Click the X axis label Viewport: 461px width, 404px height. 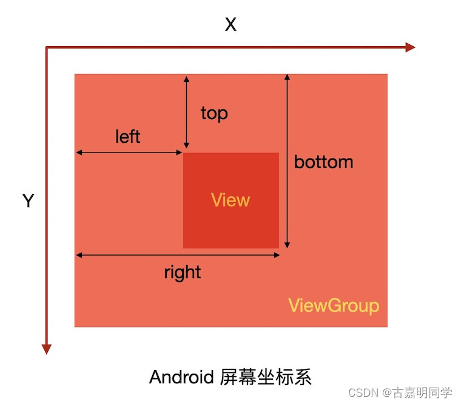pos(231,25)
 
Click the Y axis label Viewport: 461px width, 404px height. pos(28,201)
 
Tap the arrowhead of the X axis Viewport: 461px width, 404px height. pos(410,47)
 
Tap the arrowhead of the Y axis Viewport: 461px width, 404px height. pos(46,348)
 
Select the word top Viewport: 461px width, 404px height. pos(214,113)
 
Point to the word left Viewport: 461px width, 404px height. pos(127,137)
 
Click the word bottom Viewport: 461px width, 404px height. pos(323,162)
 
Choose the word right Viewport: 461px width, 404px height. pos(182,272)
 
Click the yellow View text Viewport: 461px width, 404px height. pos(231,200)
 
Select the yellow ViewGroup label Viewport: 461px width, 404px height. pos(334,305)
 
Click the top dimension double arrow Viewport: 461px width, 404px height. pos(186,113)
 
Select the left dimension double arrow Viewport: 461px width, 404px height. pos(129,152)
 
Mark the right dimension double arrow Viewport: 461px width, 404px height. pos(178,255)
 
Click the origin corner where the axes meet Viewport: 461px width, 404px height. pos(47,47)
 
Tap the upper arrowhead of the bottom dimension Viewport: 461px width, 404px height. pos(288,78)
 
